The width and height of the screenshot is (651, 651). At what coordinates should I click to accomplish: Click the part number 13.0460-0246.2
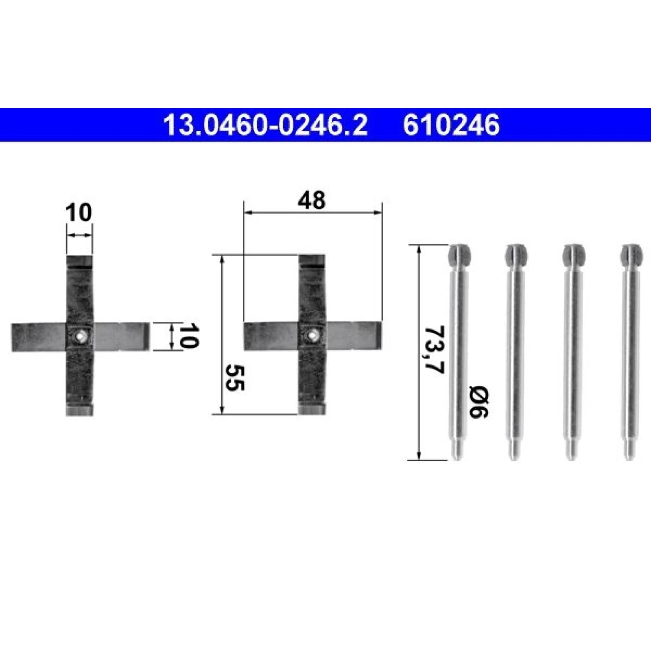pyautogui.click(x=265, y=125)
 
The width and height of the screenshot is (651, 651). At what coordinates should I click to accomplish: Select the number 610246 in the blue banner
pyautogui.click(x=451, y=125)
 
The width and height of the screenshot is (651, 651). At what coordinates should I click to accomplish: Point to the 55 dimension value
pyautogui.click(x=235, y=378)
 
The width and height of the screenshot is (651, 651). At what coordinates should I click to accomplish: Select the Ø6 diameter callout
pyautogui.click(x=478, y=402)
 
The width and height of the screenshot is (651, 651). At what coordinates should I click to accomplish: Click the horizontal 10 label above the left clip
pyautogui.click(x=79, y=213)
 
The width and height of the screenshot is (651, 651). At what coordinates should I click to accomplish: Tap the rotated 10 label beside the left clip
pyautogui.click(x=188, y=336)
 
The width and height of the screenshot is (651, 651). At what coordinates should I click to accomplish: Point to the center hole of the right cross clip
pyautogui.click(x=312, y=336)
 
